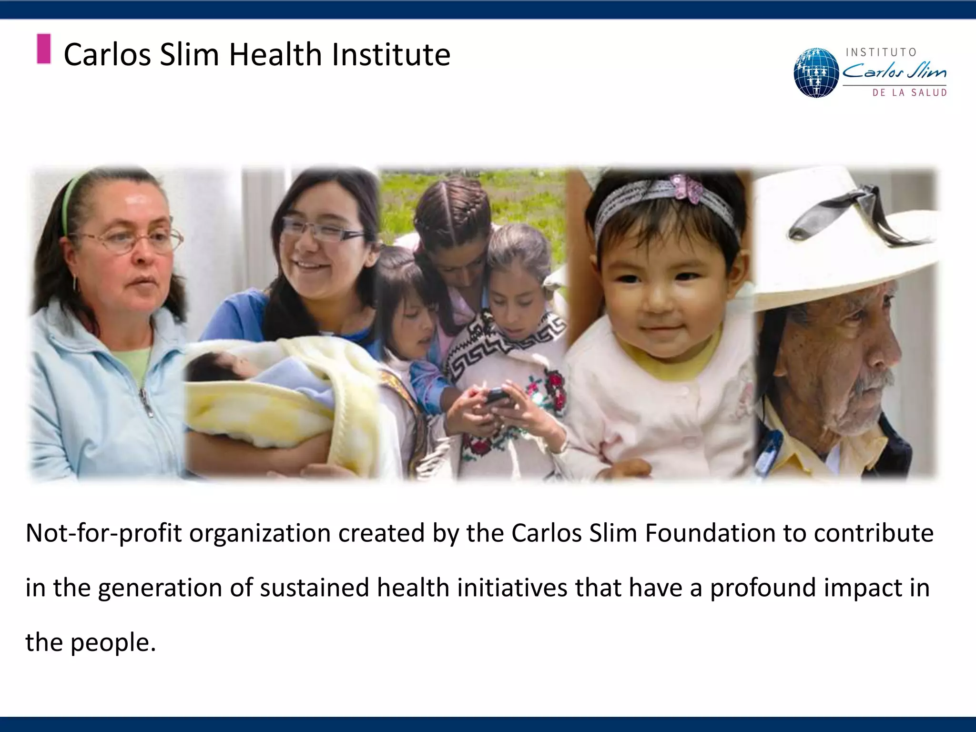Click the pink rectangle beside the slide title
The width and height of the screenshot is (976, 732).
tap(44, 49)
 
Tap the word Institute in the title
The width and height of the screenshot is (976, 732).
tap(391, 54)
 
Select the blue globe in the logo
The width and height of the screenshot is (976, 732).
tap(816, 73)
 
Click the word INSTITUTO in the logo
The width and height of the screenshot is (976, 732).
tap(881, 52)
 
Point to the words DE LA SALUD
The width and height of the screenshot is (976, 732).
tap(909, 93)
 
